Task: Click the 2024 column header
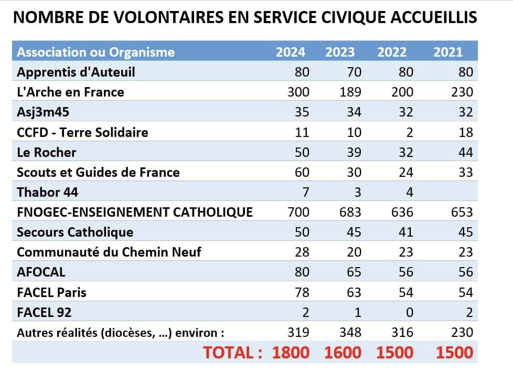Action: point(291,52)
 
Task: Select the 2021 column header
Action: point(448,52)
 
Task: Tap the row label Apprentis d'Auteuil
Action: point(76,72)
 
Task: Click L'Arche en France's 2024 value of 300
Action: point(298,92)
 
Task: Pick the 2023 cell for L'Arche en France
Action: point(350,92)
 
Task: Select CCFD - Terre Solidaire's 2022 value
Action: point(409,132)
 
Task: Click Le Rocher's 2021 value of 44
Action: point(465,152)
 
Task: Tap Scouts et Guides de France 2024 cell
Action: point(302,172)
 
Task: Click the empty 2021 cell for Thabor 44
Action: point(456,192)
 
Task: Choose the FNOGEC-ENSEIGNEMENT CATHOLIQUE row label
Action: point(135,212)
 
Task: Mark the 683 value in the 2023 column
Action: point(350,212)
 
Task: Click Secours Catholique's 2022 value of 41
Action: point(405,232)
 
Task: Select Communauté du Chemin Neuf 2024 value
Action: point(302,252)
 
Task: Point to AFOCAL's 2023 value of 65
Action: point(354,272)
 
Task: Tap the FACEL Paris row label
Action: point(52,292)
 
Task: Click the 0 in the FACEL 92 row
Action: point(410,312)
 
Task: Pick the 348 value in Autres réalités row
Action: point(350,332)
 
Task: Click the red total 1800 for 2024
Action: point(291,352)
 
